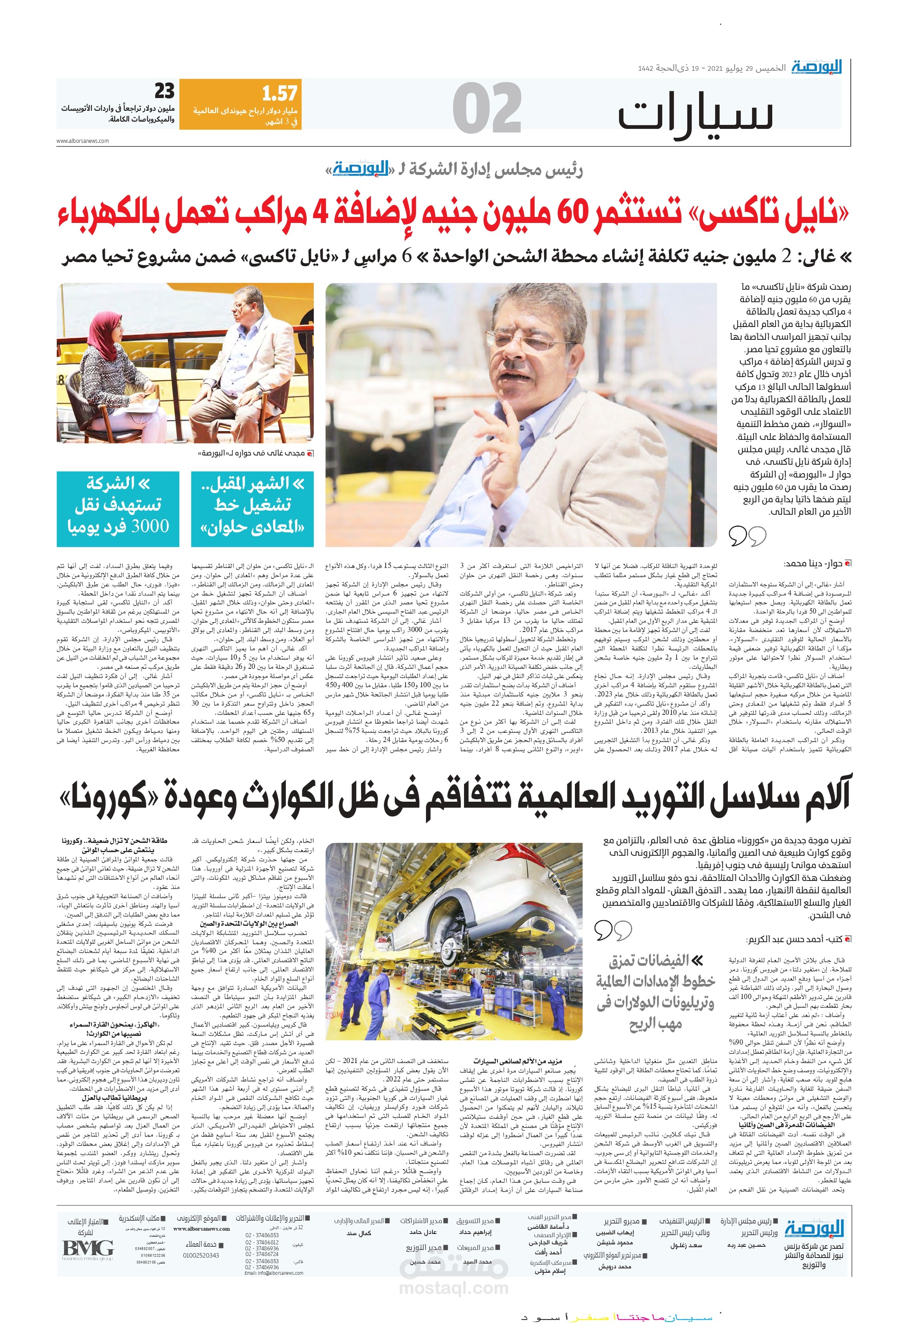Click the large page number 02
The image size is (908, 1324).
tap(487, 108)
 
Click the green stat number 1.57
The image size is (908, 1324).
tap(279, 93)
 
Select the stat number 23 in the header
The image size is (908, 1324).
tap(164, 91)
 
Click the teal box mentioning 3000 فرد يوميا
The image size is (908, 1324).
tap(118, 509)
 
